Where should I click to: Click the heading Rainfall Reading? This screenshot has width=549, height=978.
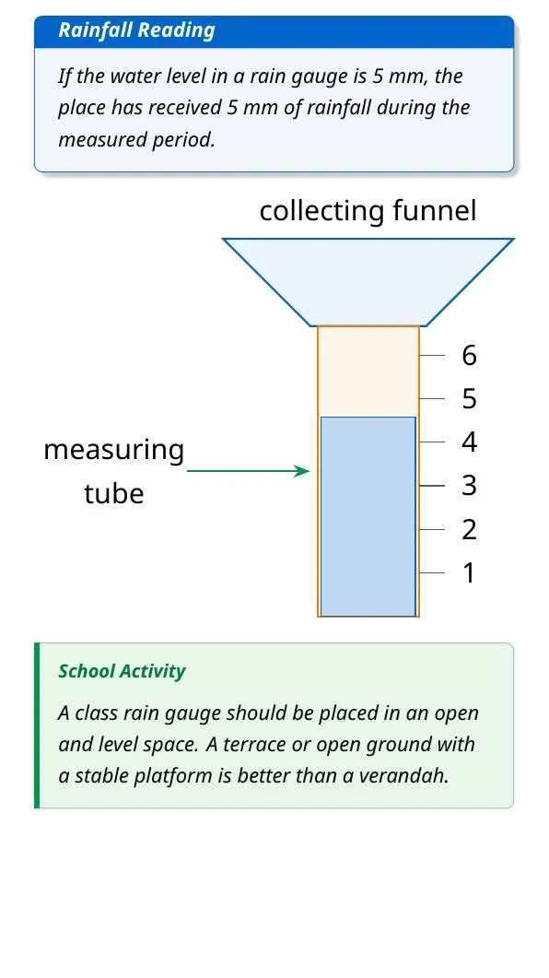[x=136, y=29]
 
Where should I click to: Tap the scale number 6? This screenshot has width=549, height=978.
[x=469, y=355]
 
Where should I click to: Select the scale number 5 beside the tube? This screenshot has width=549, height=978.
[x=469, y=398]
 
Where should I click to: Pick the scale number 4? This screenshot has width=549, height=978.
[x=469, y=442]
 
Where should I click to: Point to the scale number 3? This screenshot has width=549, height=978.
[x=469, y=485]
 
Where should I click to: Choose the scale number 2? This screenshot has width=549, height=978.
[x=469, y=529]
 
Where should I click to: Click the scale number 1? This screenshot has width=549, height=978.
[x=469, y=572]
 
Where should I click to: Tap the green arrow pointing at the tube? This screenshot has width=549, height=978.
[x=248, y=471]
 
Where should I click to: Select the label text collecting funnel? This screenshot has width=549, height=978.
[x=368, y=211]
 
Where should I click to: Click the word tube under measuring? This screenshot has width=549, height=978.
[x=114, y=493]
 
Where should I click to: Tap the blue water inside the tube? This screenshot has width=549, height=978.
[x=368, y=516]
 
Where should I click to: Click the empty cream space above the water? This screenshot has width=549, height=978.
[x=368, y=371]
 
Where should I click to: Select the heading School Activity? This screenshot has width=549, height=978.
[x=123, y=671]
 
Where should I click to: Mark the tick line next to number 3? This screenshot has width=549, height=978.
[x=432, y=485]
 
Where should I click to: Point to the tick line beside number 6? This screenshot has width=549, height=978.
[x=432, y=355]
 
